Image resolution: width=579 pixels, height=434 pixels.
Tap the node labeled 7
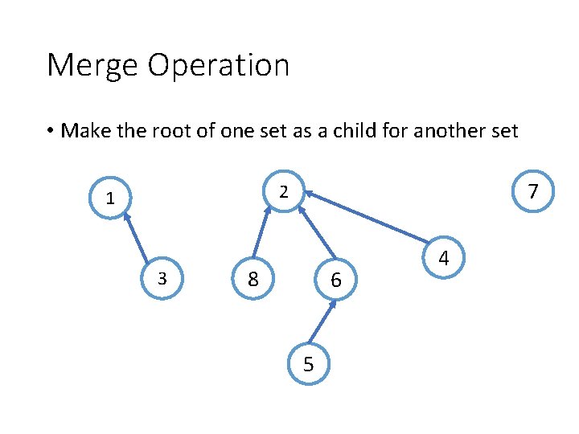pyautogui.click(x=532, y=192)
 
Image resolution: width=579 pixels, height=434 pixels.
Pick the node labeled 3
pyautogui.click(x=162, y=278)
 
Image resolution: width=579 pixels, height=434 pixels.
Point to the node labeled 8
pyautogui.click(x=253, y=279)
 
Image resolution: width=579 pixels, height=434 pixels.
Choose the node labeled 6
pyautogui.click(x=336, y=280)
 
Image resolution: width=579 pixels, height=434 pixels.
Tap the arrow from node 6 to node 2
pyautogui.click(x=317, y=234)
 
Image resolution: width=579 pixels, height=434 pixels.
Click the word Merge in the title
pyautogui.click(x=90, y=65)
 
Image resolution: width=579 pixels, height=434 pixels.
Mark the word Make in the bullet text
pyautogui.click(x=84, y=130)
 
